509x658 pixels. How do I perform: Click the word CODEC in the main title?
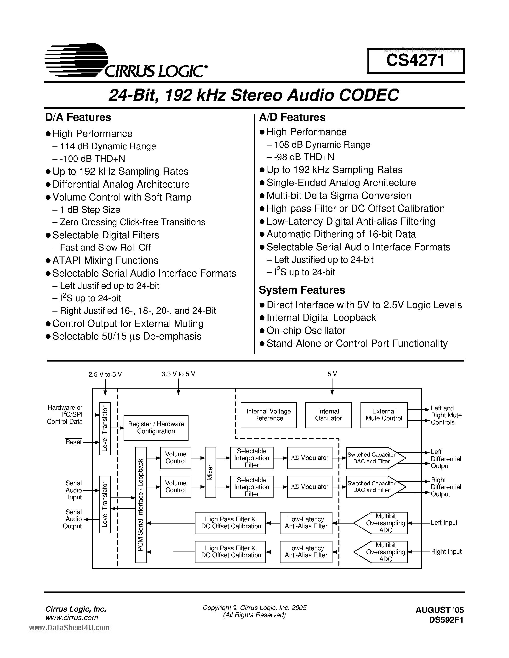tap(369, 95)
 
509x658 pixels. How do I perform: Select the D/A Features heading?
tap(78, 117)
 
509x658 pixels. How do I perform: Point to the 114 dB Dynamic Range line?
tap(108, 146)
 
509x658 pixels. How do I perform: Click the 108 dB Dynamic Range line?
tap(322, 145)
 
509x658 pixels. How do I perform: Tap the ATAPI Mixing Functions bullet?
tap(105, 261)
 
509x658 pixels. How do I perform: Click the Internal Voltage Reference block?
tap(268, 415)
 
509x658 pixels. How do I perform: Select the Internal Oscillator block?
tap(328, 415)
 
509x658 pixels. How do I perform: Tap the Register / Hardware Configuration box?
tap(156, 428)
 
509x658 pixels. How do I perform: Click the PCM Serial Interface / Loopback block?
tap(141, 505)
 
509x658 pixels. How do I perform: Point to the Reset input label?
tap(74, 442)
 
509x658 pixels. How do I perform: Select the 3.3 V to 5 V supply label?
tap(178, 374)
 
